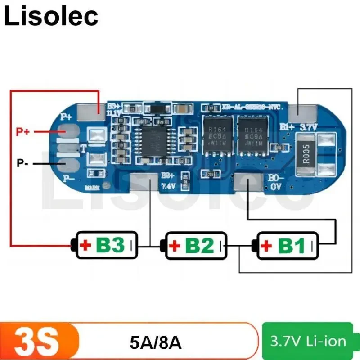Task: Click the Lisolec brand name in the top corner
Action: pyautogui.click(x=51, y=17)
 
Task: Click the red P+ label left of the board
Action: pyautogui.click(x=23, y=132)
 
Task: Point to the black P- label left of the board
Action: pyautogui.click(x=23, y=163)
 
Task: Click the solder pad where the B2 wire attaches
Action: pyautogui.click(x=144, y=183)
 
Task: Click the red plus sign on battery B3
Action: pyautogui.click(x=85, y=246)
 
